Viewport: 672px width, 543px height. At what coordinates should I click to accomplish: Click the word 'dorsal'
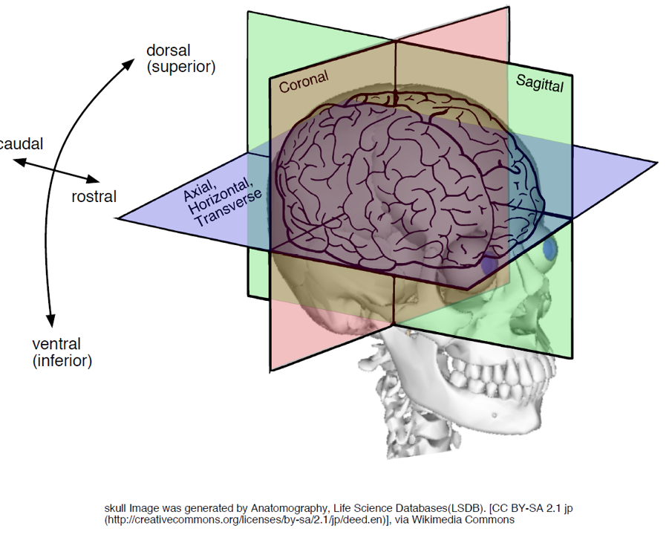pyautogui.click(x=168, y=51)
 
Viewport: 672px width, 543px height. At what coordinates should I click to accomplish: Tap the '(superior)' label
pyautogui.click(x=181, y=67)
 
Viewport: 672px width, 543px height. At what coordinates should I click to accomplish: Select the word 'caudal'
pyautogui.click(x=21, y=143)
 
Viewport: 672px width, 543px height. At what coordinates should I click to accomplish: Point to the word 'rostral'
pyautogui.click(x=94, y=197)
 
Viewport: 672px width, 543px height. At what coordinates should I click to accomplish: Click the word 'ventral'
pyautogui.click(x=56, y=344)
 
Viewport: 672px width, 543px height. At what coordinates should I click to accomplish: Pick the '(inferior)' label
pyautogui.click(x=62, y=361)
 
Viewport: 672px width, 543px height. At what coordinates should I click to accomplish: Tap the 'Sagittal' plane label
pyautogui.click(x=540, y=83)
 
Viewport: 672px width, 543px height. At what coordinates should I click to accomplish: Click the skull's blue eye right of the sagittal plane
pyautogui.click(x=550, y=250)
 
